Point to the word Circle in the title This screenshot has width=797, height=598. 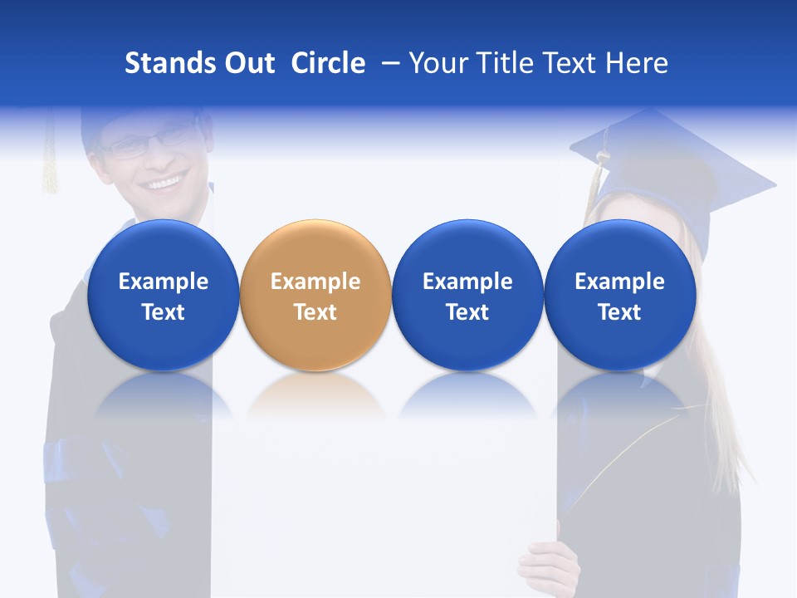pos(328,63)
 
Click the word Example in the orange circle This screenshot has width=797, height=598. pos(315,282)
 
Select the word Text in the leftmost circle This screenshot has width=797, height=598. pos(164,312)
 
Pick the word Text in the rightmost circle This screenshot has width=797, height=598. pos(619,312)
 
